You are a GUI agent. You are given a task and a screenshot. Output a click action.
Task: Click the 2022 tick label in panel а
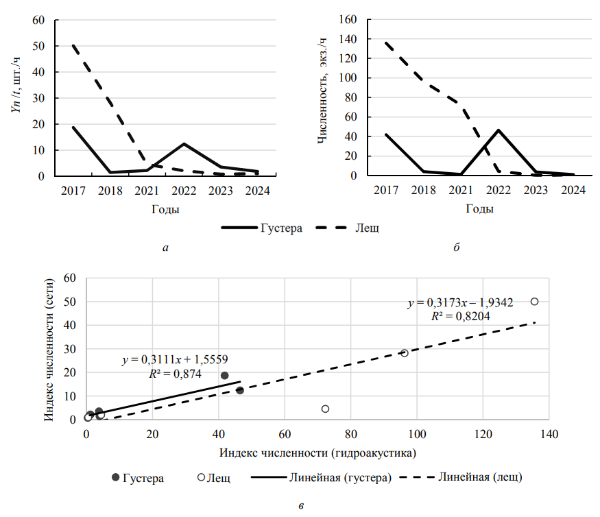[184, 191]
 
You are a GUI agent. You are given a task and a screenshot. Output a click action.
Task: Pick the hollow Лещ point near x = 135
[535, 301]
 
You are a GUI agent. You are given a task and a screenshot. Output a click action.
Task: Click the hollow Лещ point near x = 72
[325, 409]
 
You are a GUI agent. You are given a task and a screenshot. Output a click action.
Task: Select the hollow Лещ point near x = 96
[404, 352]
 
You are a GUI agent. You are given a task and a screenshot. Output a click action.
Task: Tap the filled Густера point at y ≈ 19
[224, 375]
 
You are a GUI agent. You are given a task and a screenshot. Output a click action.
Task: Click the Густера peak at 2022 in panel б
[499, 130]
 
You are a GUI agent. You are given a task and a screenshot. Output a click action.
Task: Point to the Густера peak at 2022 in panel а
[184, 144]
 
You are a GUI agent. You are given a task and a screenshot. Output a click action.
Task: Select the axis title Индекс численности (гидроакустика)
[318, 453]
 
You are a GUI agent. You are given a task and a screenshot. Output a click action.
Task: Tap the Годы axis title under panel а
[166, 209]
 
